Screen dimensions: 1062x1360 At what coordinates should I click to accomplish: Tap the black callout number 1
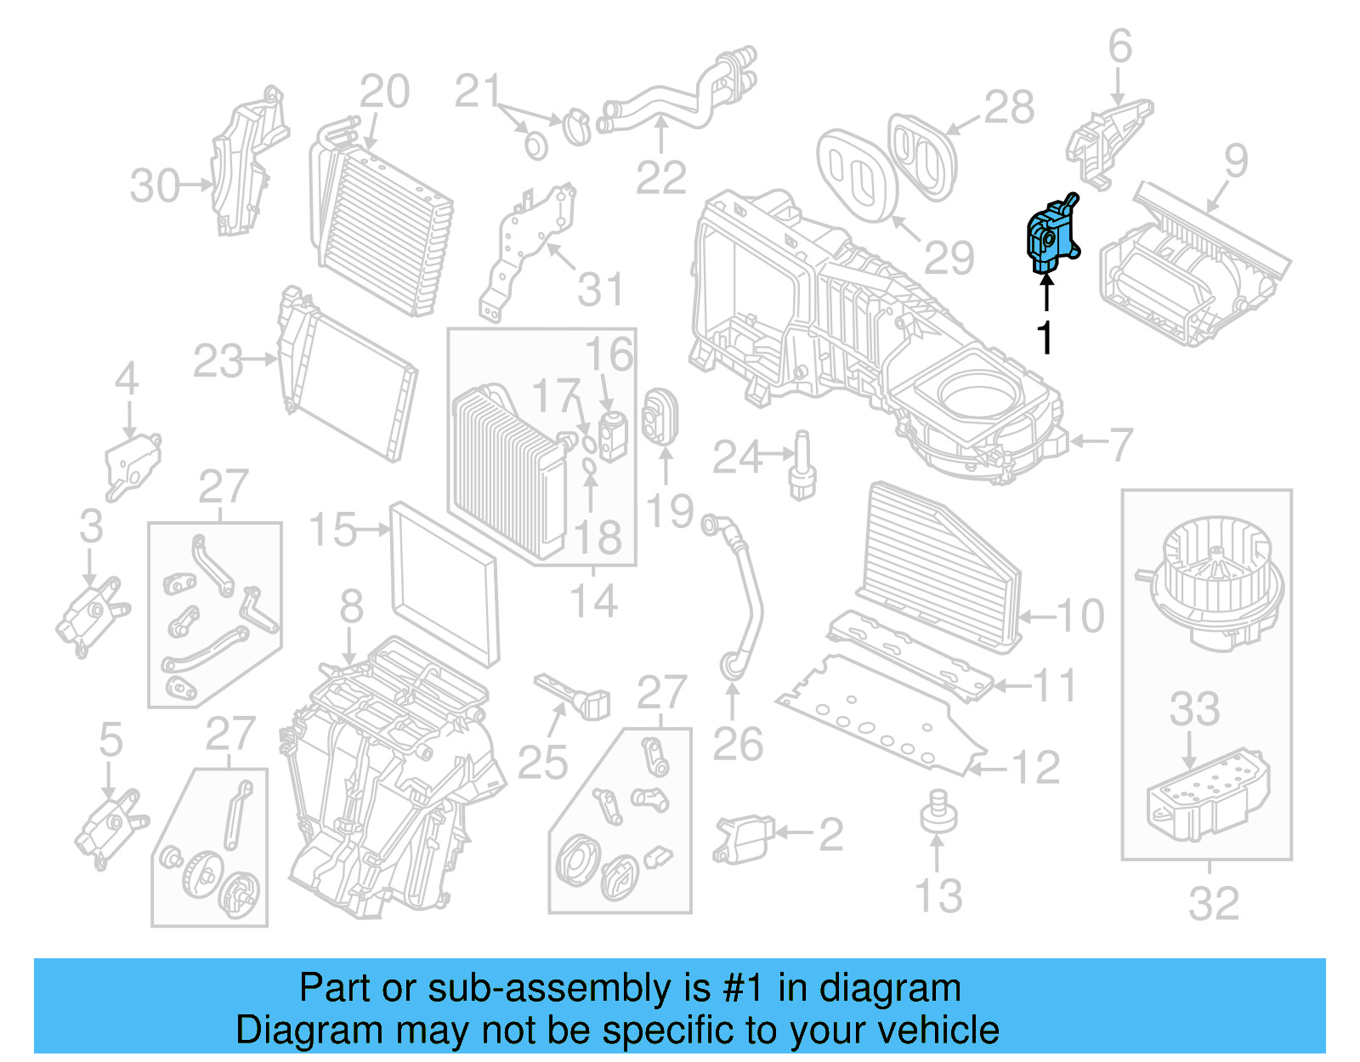click(1045, 338)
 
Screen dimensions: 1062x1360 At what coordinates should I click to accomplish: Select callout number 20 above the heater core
click(384, 92)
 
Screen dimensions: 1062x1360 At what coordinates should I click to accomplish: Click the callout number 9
click(1235, 161)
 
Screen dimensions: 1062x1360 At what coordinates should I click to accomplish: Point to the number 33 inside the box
click(1193, 708)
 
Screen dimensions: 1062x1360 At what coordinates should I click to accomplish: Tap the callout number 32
click(1213, 904)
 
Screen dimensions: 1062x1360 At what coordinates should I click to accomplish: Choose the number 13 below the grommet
click(938, 895)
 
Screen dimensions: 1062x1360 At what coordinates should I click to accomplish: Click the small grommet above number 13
click(938, 811)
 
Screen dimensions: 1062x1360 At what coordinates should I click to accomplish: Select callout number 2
click(830, 834)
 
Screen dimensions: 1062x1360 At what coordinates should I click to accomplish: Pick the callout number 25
click(542, 762)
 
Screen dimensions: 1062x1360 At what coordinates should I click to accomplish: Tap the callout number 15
click(332, 530)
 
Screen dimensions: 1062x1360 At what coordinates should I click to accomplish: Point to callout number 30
click(155, 185)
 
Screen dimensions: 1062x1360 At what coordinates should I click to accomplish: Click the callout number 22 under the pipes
click(660, 178)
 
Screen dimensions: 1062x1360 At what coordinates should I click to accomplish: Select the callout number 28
click(1009, 108)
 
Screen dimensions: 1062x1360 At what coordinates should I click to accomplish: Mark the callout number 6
click(1119, 46)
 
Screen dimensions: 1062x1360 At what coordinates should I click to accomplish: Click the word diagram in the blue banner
click(889, 989)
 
